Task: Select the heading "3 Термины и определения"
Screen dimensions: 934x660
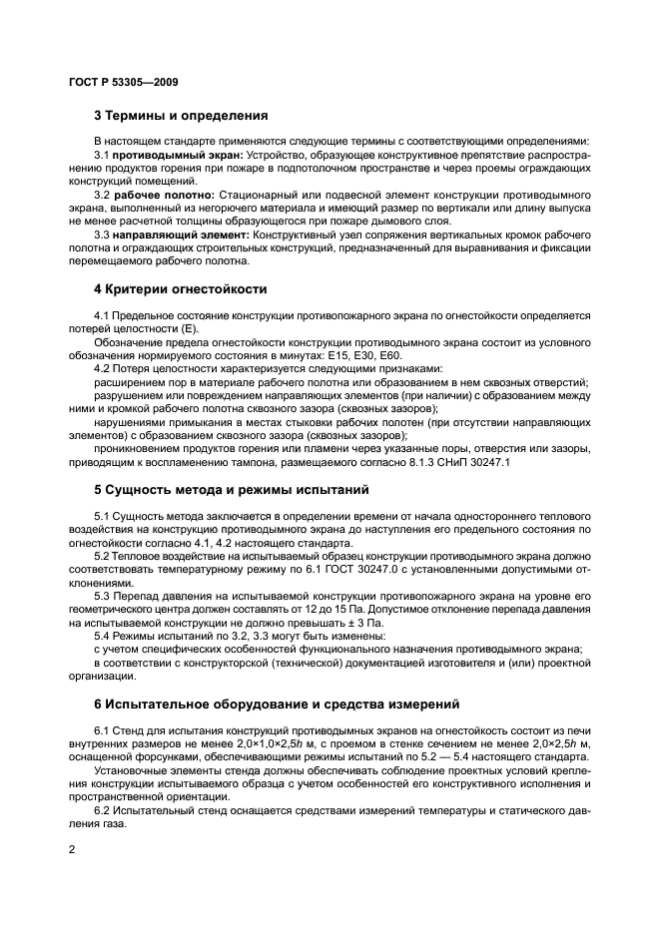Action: click(181, 116)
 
